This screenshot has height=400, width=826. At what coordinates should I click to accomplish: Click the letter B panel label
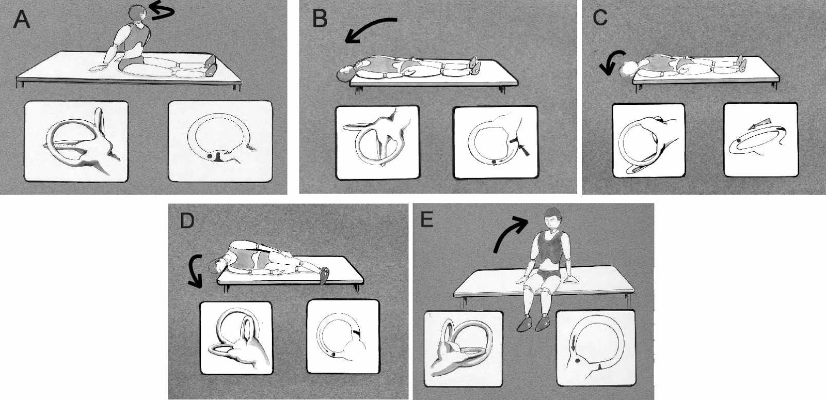320,19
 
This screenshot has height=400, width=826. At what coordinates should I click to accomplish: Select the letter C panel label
600,18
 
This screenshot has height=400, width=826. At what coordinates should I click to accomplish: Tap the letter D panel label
186,221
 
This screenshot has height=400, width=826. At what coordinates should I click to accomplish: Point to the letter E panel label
427,220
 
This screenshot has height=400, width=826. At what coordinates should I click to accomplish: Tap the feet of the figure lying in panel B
474,64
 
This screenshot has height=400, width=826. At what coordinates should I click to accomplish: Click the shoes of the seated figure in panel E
534,324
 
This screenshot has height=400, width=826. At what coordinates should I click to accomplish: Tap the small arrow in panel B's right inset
525,150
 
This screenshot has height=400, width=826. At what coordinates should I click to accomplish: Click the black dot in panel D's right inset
333,354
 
